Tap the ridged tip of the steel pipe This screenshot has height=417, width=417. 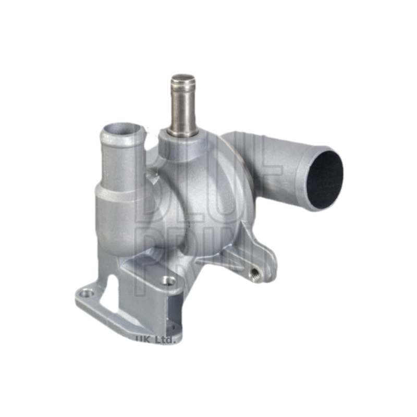(x=183, y=81)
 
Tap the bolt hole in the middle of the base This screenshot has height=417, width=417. (x=169, y=280)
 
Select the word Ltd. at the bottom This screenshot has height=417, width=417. (x=164, y=338)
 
